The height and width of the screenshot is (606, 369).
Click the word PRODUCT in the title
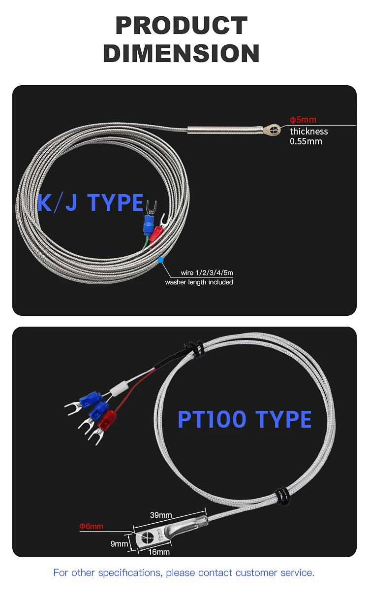coord(182,26)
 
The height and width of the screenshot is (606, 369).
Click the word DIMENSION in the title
coord(182,53)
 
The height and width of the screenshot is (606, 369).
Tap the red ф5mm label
coord(303,120)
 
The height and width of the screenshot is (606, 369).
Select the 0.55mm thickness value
coord(306,141)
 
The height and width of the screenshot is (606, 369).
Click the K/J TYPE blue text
coord(91,202)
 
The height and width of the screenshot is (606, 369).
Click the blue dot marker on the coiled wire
coord(159,259)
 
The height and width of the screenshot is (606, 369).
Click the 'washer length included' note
coord(199,282)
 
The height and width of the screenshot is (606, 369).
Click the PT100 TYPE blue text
coord(245,419)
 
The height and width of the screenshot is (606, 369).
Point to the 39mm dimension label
coord(161,515)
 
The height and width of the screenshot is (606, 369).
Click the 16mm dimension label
coord(159,552)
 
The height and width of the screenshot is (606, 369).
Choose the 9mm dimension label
coord(119,544)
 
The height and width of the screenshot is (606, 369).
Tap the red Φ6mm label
coord(92,526)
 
